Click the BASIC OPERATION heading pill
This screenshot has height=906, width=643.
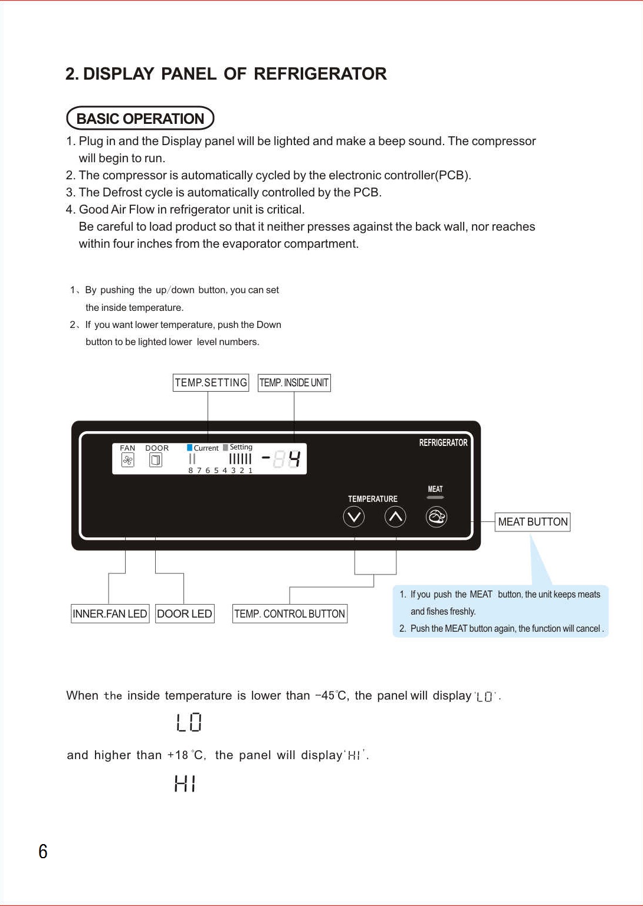click(140, 118)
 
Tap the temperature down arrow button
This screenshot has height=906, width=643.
click(353, 517)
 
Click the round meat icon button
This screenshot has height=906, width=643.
click(437, 517)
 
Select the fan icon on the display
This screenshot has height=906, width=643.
click(127, 460)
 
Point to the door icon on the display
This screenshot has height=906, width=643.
click(156, 460)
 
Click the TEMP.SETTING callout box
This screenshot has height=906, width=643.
click(211, 383)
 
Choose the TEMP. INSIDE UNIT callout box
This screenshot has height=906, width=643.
click(294, 383)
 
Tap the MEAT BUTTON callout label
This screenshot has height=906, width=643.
click(533, 522)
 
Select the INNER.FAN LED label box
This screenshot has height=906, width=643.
click(110, 613)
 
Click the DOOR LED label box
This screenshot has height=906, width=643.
click(185, 613)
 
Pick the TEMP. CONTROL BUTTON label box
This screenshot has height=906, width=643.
click(290, 613)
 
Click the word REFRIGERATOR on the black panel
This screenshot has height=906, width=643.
click(443, 443)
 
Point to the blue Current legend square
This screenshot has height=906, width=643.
click(190, 447)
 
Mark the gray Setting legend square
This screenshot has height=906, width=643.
click(226, 447)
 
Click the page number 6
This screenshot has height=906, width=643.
click(43, 851)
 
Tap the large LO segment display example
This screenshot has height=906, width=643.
click(189, 723)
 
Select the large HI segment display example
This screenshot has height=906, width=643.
click(185, 783)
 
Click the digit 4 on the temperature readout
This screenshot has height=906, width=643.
click(294, 459)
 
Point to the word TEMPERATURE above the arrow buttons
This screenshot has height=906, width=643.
click(373, 498)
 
